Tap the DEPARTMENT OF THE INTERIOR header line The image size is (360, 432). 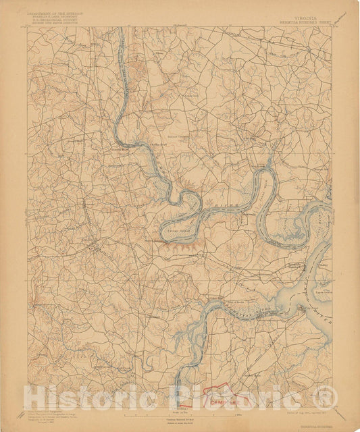(55, 12)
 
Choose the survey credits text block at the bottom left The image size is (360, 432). (51, 415)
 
